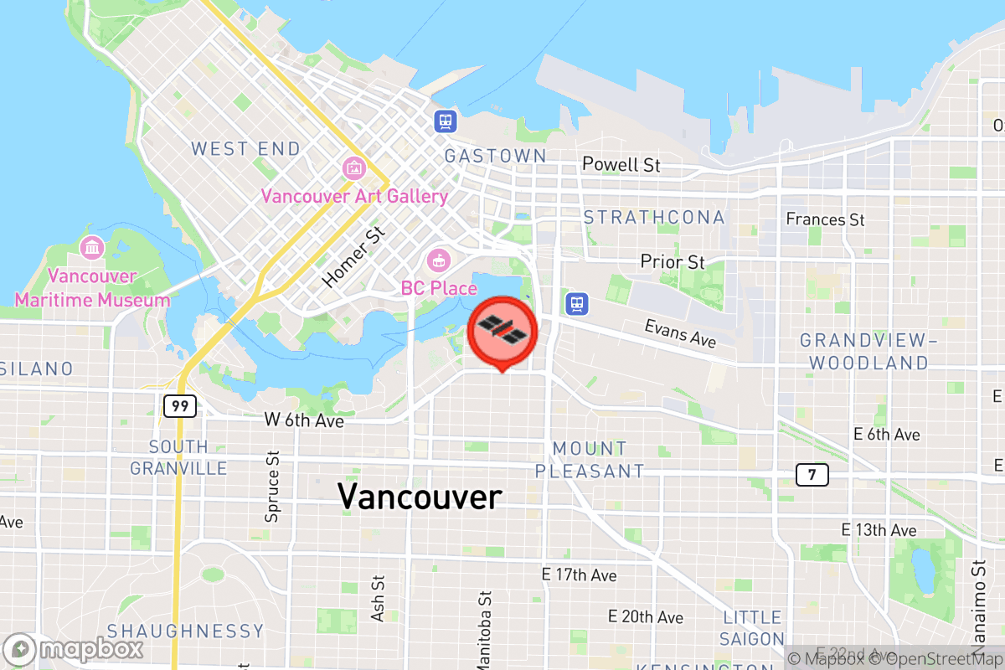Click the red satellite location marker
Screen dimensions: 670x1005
pos(502,332)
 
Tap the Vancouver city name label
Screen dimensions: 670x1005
pos(420,497)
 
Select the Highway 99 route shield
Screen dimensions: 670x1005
pos(180,406)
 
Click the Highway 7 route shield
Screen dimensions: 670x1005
pos(812,475)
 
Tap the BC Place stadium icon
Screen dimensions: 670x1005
pos(437,260)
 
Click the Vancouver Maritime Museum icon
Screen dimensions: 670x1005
pos(91,248)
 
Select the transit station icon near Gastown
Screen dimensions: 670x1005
pos(446,121)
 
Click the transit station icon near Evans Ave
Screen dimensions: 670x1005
pos(576,303)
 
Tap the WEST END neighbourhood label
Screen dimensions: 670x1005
pos(245,149)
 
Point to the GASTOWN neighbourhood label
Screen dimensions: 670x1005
pos(495,156)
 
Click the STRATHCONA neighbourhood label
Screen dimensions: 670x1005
pos(654,218)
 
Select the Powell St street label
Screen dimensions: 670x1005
pos(621,165)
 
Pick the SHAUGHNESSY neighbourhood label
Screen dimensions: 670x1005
pos(185,631)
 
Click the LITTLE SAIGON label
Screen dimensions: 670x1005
pos(753,628)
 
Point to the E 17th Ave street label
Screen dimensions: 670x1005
pos(579,575)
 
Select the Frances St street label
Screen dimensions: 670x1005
pos(825,219)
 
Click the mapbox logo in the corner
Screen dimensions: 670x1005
pos(74,649)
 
